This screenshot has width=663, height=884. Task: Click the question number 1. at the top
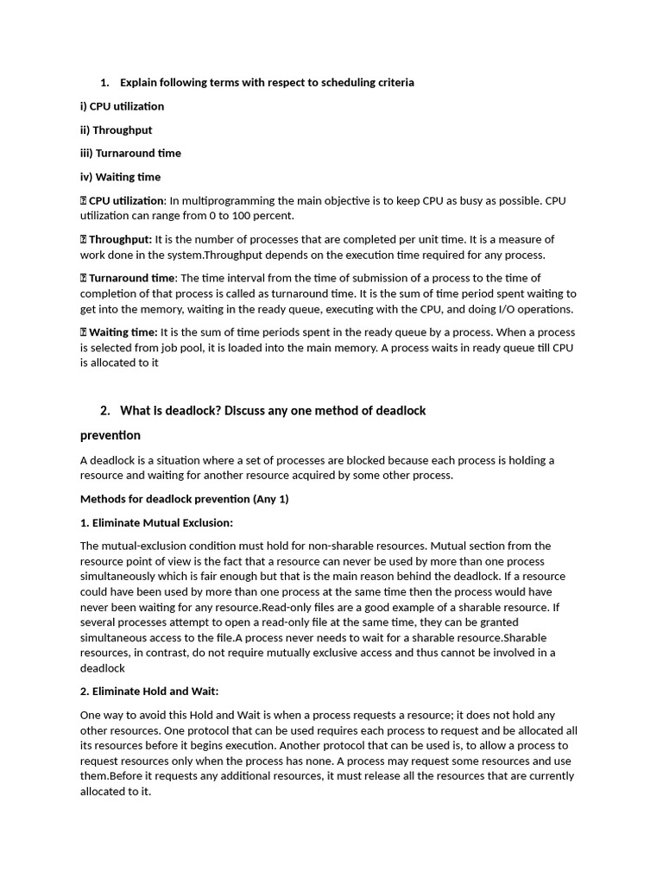(x=104, y=83)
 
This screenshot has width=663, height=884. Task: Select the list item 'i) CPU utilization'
(x=122, y=106)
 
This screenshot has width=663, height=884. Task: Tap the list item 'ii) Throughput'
(x=116, y=129)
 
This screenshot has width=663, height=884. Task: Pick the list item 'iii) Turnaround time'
(x=130, y=153)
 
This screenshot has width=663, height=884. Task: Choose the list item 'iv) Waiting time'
(x=120, y=177)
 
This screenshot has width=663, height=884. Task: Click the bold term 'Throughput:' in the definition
(x=120, y=239)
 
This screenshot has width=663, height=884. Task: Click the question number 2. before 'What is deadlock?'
(x=105, y=411)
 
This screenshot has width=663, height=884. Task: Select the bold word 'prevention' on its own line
(x=110, y=435)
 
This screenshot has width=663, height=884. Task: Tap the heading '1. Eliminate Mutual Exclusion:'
(x=156, y=522)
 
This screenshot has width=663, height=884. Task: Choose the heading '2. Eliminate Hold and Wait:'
(x=149, y=691)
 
